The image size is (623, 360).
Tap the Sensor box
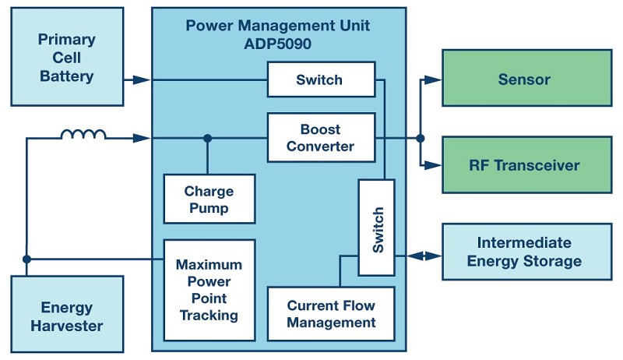[524, 79]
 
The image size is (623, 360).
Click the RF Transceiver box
[524, 165]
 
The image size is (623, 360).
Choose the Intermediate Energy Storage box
[524, 252]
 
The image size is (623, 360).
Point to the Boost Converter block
[321, 138]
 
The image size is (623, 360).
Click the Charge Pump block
[209, 199]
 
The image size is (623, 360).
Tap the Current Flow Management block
[331, 314]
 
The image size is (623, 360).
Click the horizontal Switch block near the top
[319, 79]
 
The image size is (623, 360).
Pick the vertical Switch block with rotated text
[376, 227]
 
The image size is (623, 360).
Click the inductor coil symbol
[83, 136]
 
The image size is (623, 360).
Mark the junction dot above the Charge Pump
[208, 139]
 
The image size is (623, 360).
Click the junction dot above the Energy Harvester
[26, 259]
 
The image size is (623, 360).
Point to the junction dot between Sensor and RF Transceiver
[421, 139]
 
